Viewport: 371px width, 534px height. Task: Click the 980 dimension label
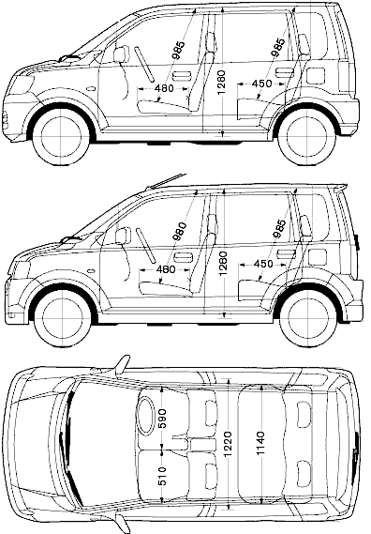point(180,231)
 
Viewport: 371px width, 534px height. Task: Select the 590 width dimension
point(162,419)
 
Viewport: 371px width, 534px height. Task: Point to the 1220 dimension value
point(228,444)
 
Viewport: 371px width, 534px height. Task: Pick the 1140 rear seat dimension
point(260,443)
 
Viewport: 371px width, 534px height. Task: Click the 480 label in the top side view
point(164,88)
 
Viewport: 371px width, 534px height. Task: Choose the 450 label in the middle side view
point(263,264)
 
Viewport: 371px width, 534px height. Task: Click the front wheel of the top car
point(61,137)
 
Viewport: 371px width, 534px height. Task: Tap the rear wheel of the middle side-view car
point(309,319)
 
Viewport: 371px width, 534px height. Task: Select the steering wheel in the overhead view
point(147,416)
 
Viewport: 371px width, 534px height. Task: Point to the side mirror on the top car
point(122,54)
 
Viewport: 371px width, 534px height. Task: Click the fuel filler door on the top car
point(316,76)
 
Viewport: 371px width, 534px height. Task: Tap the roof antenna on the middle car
point(167,181)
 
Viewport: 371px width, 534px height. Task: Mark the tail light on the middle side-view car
point(356,241)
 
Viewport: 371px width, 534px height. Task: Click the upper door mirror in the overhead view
point(122,366)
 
